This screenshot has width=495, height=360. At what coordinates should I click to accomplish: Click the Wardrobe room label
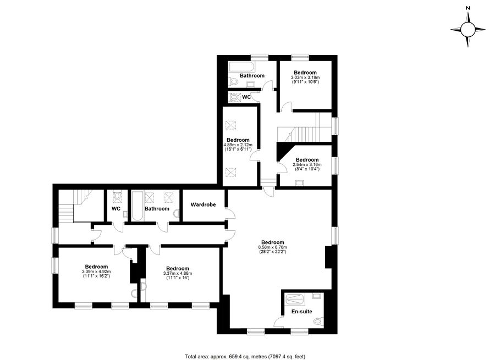[203, 204]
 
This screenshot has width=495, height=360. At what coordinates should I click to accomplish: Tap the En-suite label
[301, 312]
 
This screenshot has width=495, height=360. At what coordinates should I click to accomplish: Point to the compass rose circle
[468, 30]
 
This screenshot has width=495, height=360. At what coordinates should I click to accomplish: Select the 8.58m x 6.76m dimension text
[273, 247]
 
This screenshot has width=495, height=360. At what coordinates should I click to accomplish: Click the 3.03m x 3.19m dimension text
[305, 77]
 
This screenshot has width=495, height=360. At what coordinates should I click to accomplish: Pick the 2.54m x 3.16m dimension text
[307, 164]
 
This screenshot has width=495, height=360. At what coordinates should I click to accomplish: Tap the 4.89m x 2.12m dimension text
[238, 145]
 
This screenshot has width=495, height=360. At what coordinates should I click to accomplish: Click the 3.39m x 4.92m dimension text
[96, 272]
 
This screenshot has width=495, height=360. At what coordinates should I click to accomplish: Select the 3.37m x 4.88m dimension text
[178, 273]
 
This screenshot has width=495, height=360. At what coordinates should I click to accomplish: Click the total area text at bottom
[245, 357]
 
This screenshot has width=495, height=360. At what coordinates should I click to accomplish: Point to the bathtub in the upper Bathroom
[240, 67]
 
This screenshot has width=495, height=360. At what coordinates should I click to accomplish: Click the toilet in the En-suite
[318, 321]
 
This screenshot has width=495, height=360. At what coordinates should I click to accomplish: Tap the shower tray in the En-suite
[295, 299]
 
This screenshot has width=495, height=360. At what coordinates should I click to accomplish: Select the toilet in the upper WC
[234, 97]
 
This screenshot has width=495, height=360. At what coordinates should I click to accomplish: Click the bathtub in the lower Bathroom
[137, 206]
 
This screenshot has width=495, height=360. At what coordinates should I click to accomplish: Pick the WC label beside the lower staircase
[116, 208]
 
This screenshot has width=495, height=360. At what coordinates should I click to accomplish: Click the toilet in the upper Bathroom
[234, 82]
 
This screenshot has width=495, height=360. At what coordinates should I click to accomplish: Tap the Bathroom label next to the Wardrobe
[157, 208]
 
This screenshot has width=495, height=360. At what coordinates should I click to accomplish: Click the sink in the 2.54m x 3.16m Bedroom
[299, 182]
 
